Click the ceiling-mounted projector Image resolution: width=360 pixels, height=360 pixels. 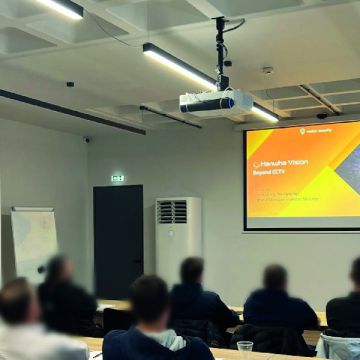215,103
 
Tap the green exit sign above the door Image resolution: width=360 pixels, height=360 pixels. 117,178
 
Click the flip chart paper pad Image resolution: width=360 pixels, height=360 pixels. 34,243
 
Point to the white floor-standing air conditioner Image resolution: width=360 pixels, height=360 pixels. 178,238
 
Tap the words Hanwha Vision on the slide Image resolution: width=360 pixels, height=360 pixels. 285,162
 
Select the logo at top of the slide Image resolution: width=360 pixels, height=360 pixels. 320,131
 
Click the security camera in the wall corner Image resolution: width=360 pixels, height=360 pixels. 86,139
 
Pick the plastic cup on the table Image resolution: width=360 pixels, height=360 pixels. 244,349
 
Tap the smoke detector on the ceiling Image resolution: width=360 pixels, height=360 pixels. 267,71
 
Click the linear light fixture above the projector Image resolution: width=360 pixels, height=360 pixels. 180,64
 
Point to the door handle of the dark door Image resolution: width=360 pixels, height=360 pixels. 136,262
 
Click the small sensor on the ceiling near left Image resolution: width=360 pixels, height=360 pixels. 69,84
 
